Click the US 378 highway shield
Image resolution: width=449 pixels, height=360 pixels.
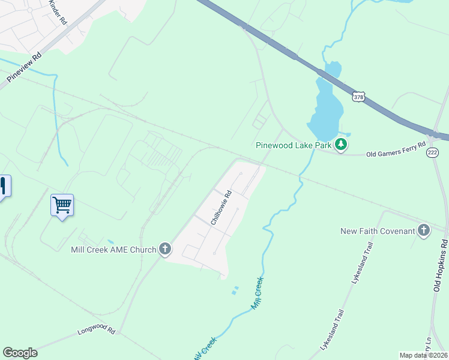point(358,97)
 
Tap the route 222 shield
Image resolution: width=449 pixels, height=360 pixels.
point(433,153)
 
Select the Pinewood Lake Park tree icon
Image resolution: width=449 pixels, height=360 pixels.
point(341,145)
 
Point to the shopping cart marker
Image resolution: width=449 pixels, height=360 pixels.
point(62,206)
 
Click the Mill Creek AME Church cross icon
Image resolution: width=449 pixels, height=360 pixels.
point(165,249)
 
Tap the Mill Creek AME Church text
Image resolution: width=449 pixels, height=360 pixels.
point(113,249)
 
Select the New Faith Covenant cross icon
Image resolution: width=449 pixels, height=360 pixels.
point(424,231)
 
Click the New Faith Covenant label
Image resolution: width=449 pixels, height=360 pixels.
point(378,231)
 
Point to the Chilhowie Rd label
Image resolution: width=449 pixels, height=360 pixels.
point(221,208)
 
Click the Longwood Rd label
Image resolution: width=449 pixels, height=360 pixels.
point(96,329)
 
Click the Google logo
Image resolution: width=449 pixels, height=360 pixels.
point(20,353)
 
